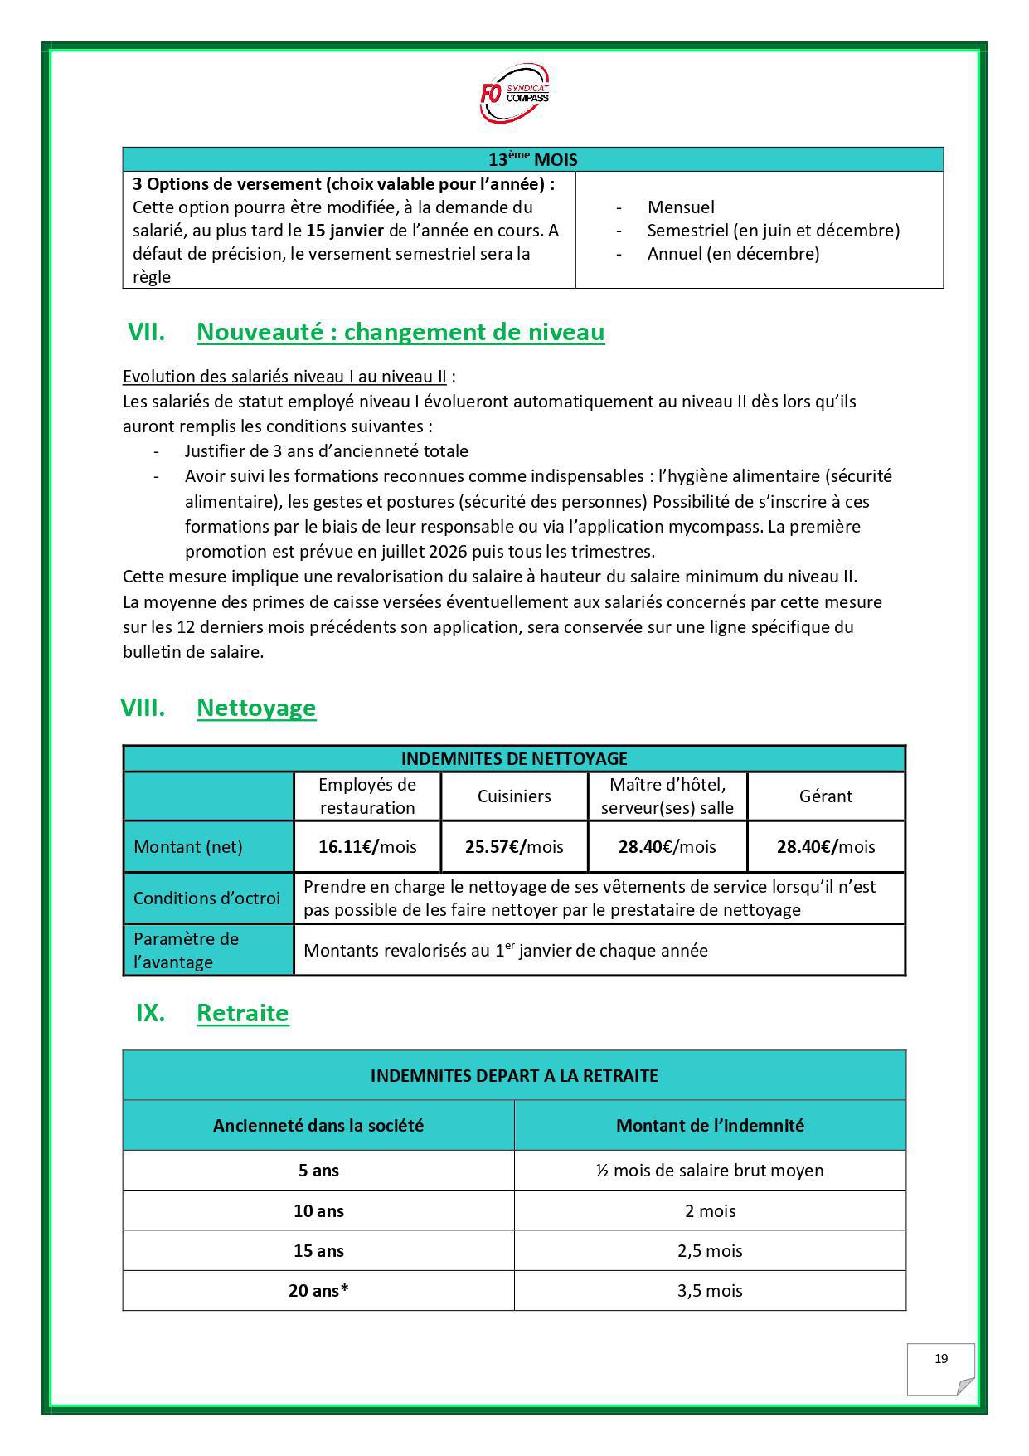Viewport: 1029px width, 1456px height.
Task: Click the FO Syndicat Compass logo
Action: [x=514, y=94]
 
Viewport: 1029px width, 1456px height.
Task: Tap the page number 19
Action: [x=941, y=1358]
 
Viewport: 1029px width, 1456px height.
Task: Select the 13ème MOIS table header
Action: [x=532, y=159]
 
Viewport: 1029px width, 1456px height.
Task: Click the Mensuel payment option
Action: [x=680, y=207]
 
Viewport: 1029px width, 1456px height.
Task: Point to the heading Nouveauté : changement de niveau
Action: [x=400, y=332]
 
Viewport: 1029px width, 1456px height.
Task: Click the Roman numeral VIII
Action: [x=143, y=708]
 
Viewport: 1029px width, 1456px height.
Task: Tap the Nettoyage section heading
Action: [x=256, y=708]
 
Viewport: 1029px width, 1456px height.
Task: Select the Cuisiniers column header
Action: [x=514, y=796]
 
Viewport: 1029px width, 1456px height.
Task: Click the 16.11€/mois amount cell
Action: [x=367, y=847]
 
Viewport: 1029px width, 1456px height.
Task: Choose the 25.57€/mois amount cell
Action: [x=514, y=847]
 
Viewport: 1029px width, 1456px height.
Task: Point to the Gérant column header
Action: [x=825, y=796]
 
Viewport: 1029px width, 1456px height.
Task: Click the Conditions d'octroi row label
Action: [x=206, y=898]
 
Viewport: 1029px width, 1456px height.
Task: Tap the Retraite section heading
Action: [x=242, y=1013]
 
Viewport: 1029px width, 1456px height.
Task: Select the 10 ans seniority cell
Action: [x=318, y=1211]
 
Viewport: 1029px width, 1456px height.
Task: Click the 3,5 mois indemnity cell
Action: [x=710, y=1291]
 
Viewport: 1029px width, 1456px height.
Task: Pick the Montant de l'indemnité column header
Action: [x=710, y=1126]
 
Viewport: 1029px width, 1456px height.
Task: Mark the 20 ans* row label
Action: [x=318, y=1291]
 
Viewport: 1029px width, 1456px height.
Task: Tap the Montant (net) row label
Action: [x=188, y=847]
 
